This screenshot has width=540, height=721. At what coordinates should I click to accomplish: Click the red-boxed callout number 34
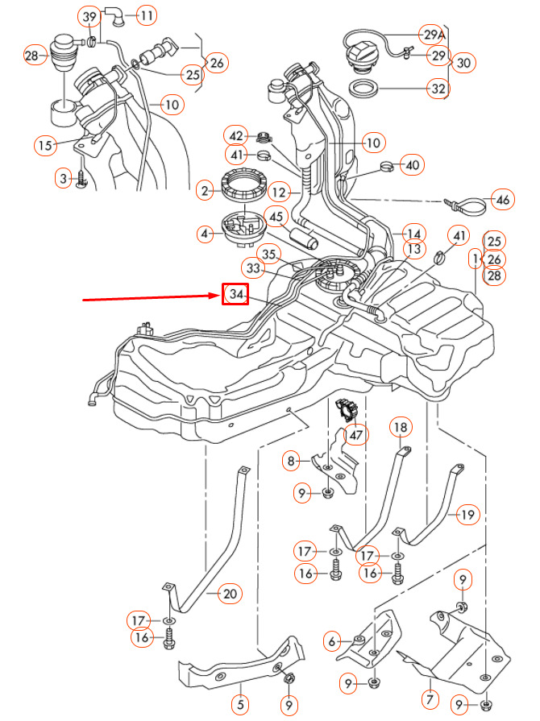click(x=235, y=296)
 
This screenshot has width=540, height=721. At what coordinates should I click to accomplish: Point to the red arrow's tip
click(x=219, y=297)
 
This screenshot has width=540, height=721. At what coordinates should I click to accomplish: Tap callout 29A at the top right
click(x=434, y=35)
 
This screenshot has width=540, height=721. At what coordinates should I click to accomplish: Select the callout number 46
click(x=502, y=199)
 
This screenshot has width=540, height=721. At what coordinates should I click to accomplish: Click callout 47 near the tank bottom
click(x=355, y=434)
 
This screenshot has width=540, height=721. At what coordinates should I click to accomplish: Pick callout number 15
click(x=44, y=145)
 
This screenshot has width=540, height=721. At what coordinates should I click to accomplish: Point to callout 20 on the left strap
click(x=230, y=595)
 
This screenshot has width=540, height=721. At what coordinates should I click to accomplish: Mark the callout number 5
click(x=239, y=702)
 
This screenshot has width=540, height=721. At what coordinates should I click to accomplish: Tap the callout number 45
click(x=276, y=217)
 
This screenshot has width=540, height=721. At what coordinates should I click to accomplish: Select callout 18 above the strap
click(x=401, y=426)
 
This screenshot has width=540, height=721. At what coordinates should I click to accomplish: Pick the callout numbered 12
click(x=278, y=193)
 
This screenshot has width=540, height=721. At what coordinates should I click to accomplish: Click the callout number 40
click(x=412, y=166)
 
